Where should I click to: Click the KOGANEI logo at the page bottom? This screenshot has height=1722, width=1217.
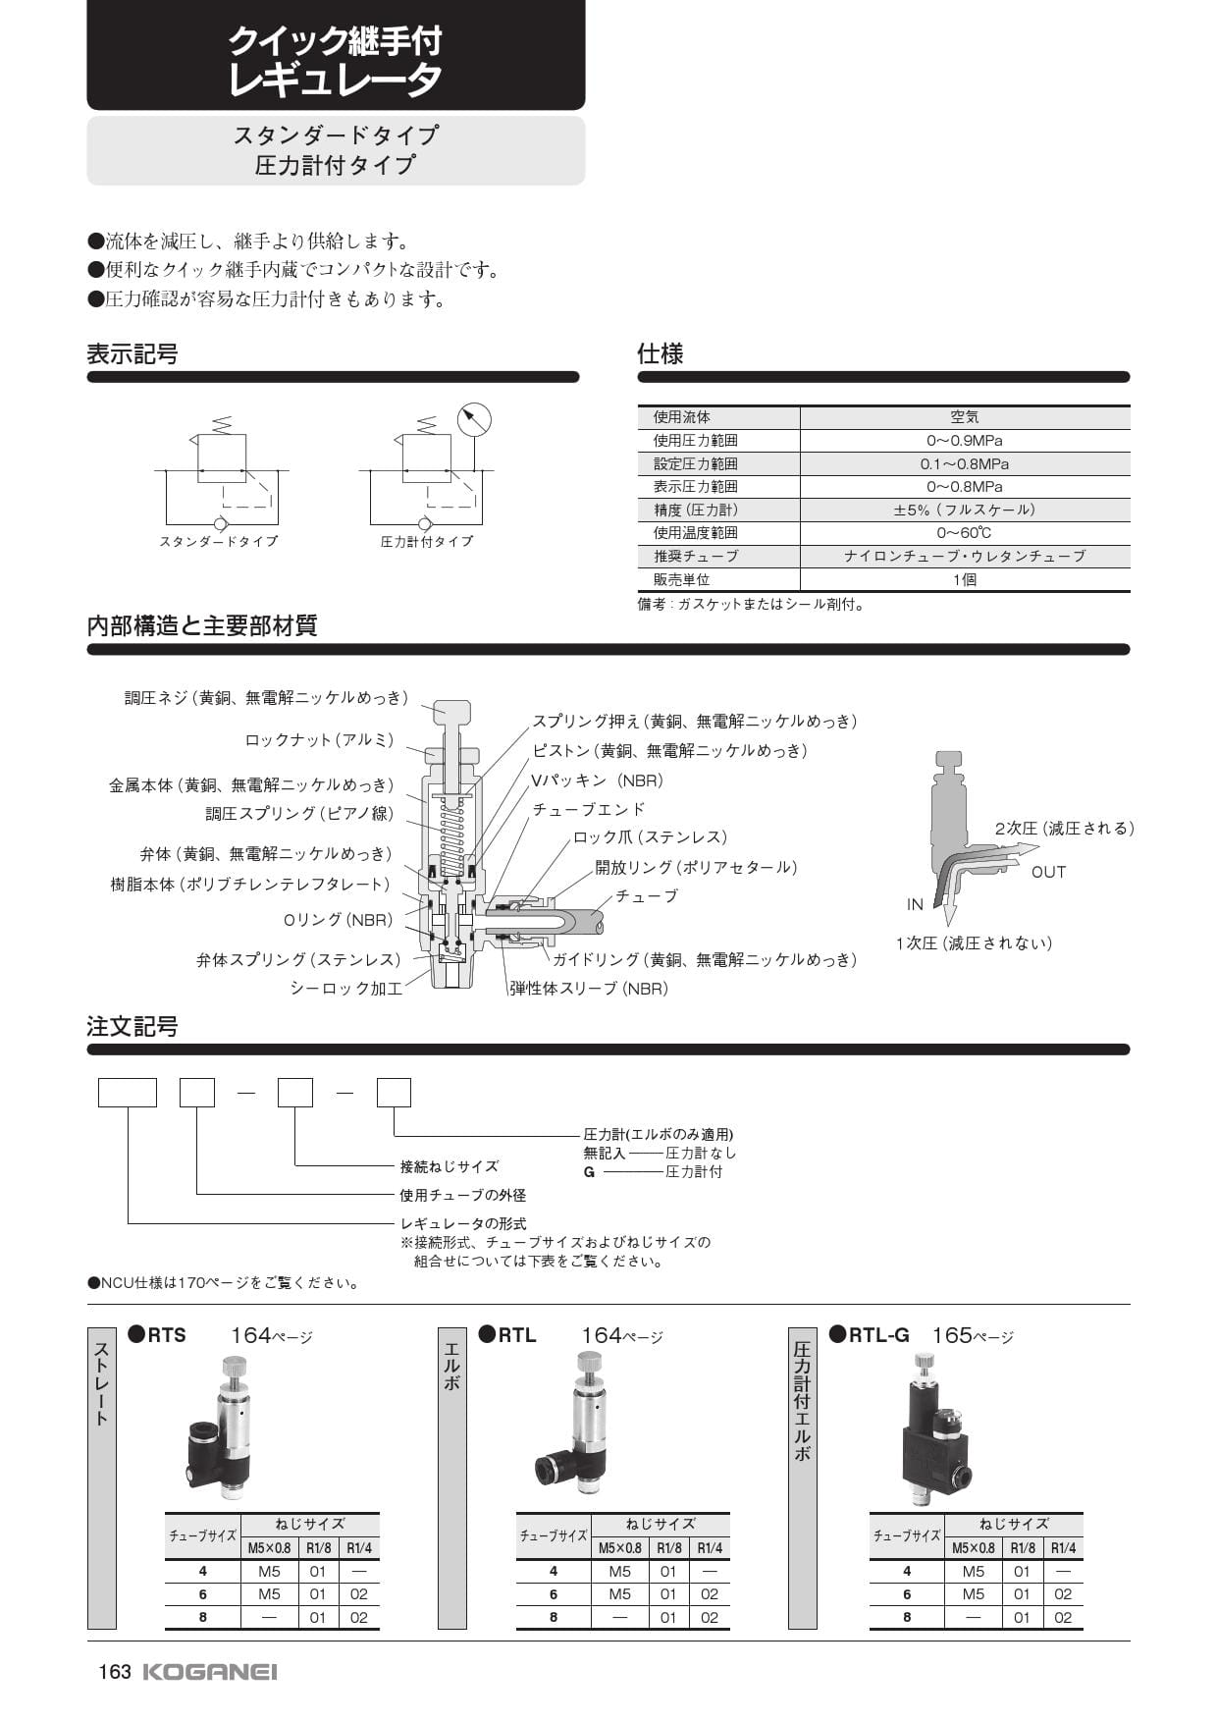210,1672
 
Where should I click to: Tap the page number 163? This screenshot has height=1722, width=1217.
114,1672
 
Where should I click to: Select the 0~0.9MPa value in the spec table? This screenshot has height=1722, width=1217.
964,441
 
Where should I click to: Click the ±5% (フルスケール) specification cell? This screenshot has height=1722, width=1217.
964,510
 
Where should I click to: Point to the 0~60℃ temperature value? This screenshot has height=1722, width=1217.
964,533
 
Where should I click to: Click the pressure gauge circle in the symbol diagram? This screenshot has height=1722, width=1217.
474,419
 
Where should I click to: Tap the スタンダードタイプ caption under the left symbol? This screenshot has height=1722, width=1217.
218,542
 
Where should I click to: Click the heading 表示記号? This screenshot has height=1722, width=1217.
132,354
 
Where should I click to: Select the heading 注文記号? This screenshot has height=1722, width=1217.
132,1027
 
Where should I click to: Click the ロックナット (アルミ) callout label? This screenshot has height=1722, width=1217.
319,740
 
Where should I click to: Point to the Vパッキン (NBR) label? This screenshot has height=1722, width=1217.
598,780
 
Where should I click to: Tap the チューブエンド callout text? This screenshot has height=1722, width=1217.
589,809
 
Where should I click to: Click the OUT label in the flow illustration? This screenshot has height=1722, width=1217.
1048,872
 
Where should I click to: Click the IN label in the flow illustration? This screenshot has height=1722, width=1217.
915,905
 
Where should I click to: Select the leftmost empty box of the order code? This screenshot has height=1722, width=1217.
128,1093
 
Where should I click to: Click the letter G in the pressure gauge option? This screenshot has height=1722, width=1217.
589,1172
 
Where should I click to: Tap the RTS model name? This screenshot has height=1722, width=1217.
166,1335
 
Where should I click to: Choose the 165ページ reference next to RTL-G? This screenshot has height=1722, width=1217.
972,1336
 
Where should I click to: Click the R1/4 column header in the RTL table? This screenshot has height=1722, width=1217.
710,1548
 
